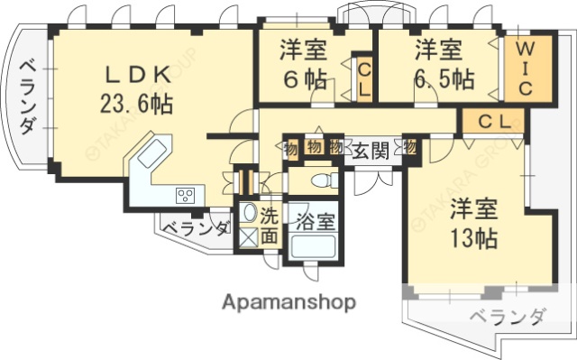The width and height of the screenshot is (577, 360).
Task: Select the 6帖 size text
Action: tap(302, 78)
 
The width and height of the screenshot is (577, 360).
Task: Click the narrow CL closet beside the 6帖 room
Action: tap(363, 79)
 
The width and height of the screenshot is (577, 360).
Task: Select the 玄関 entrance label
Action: tap(370, 150)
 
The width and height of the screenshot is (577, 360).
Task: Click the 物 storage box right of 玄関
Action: tap(410, 146)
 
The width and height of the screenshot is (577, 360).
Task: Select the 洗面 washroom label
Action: tap(270, 226)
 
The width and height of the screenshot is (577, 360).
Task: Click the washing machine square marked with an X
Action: tap(248, 239)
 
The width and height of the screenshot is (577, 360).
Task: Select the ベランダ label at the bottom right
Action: tap(508, 317)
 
